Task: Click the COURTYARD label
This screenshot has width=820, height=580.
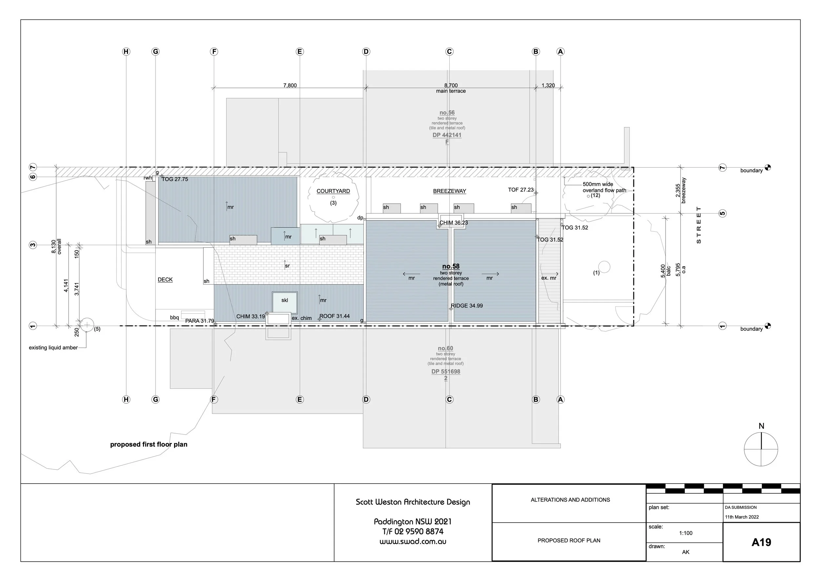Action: pos(333,191)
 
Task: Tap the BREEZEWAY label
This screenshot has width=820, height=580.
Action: pos(449,191)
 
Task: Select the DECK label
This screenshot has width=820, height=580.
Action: pos(165,279)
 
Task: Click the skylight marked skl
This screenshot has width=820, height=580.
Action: pos(285,301)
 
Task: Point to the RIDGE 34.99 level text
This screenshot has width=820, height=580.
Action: pos(467,306)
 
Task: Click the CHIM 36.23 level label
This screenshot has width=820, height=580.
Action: pos(453,223)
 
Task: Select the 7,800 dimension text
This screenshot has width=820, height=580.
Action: pos(290,85)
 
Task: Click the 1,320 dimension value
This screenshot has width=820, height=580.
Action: pos(548,85)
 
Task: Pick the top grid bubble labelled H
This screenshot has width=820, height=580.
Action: pos(126,52)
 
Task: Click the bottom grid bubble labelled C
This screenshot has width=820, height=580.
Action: pos(449,399)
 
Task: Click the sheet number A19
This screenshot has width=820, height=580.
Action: pos(761,543)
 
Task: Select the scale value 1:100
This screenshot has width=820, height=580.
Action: pos(686,533)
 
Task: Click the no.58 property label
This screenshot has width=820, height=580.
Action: pos(451,267)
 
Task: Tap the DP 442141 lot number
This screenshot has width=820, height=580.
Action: pos(447,135)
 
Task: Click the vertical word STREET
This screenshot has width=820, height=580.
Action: pos(699,225)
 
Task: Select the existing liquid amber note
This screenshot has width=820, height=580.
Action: pos(53,348)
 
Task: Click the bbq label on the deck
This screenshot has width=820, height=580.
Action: pos(174,318)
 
